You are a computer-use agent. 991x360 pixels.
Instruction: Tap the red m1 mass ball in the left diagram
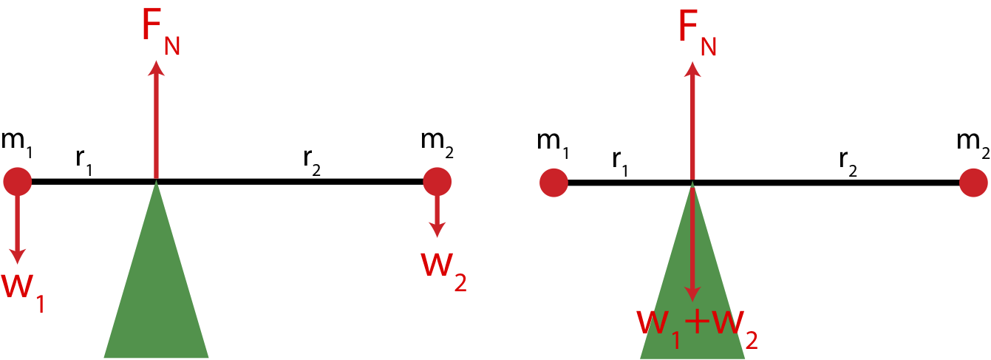coord(17,181)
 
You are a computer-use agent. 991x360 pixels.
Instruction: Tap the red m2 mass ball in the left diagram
coord(437,181)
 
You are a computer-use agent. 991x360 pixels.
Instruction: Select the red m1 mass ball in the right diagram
coord(554,183)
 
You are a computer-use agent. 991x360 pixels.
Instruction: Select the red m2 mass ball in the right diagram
coord(973,183)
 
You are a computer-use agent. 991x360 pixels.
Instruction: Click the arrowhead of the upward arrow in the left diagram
coord(156,68)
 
